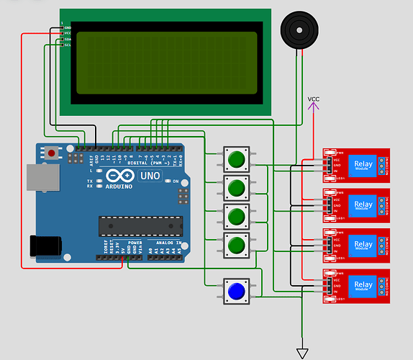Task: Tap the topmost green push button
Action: [x=236, y=158]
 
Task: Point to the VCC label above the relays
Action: [x=314, y=99]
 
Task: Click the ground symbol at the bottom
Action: [x=303, y=353]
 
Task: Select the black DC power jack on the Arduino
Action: [x=45, y=246]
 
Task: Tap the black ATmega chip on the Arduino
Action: [x=139, y=225]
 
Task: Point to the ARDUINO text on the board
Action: [x=119, y=186]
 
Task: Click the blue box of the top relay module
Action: [x=363, y=165]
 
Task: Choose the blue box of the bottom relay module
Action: [x=363, y=285]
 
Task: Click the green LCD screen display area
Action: [x=165, y=62]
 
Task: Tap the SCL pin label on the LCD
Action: [x=68, y=45]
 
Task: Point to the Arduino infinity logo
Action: [x=118, y=176]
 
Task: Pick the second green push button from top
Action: [x=236, y=188]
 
